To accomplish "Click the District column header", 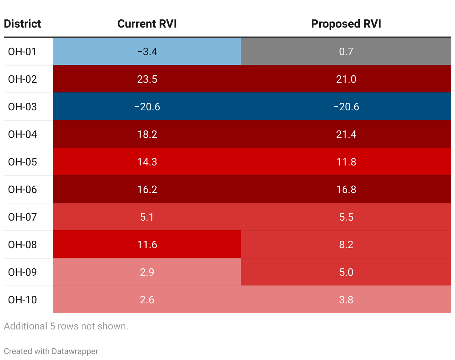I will (x=22, y=24).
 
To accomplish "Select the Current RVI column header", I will (x=147, y=24).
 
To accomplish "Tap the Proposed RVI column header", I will (x=346, y=24).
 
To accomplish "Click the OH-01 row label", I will (x=22, y=51).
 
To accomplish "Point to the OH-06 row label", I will (x=22, y=189).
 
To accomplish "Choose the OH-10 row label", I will (x=22, y=300).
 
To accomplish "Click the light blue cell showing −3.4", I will (x=147, y=51).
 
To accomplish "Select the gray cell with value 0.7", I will (x=346, y=51).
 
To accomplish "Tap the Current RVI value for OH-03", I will (x=147, y=107).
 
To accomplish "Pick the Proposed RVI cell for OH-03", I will (x=346, y=107).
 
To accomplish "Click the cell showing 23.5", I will (x=147, y=79).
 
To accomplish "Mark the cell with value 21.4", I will (x=346, y=134).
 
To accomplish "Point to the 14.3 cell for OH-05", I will (x=147, y=162).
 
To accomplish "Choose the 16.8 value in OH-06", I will (x=346, y=189).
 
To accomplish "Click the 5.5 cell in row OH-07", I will (x=346, y=217).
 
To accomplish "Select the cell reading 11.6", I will (x=147, y=244).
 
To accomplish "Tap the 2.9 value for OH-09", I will (x=147, y=272).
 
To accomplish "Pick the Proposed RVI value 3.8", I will (x=346, y=300).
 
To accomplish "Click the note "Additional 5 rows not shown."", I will (x=66, y=326).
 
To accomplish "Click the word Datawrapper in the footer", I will (x=75, y=351).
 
